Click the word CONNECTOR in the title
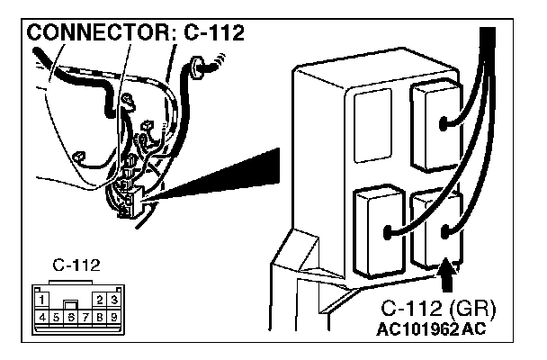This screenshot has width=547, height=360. point(90,34)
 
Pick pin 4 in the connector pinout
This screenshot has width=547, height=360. point(41,317)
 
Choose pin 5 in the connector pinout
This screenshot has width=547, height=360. point(56,317)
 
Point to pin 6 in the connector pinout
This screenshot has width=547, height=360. point(71,317)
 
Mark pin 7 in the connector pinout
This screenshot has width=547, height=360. point(85,317)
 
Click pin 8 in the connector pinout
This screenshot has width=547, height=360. point(100,317)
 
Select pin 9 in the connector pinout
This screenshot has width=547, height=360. point(114,317)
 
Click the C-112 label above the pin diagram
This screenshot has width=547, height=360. point(77,265)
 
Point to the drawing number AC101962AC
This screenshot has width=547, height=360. point(431,328)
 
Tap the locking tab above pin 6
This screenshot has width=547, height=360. point(71,304)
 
